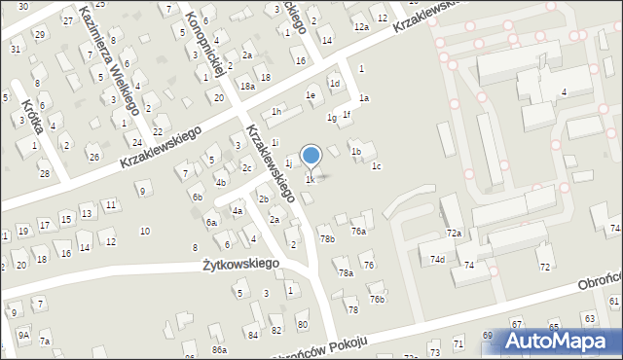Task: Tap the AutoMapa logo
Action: click(x=562, y=341)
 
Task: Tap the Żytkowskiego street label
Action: click(x=241, y=264)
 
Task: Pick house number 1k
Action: click(x=311, y=179)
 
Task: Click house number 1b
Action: click(x=356, y=151)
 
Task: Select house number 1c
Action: click(x=376, y=166)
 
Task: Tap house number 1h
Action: click(x=276, y=112)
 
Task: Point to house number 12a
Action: click(x=361, y=27)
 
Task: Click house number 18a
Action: click(x=248, y=87)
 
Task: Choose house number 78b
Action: click(x=328, y=238)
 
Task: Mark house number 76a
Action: click(x=358, y=231)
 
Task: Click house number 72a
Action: click(x=454, y=234)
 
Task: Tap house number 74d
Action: click(x=438, y=259)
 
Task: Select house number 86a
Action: click(x=220, y=349)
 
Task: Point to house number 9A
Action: click(x=23, y=335)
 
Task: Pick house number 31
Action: click(x=15, y=48)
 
